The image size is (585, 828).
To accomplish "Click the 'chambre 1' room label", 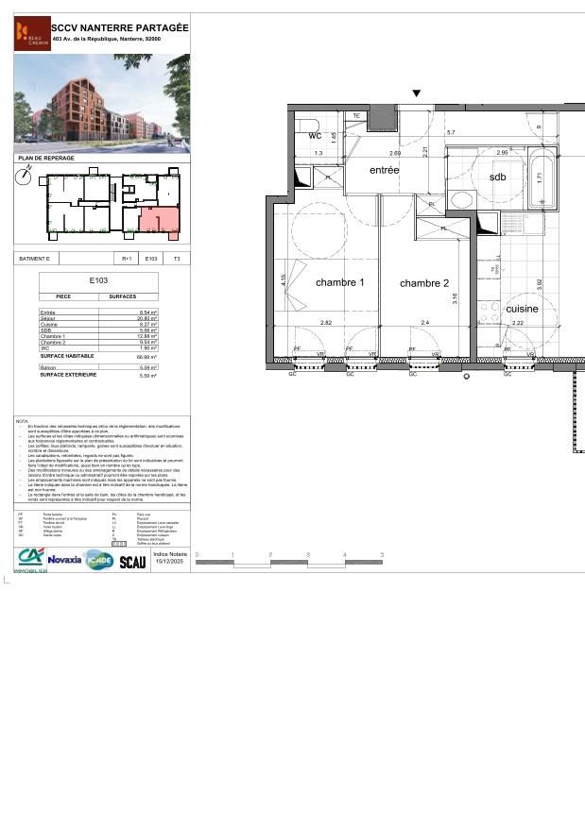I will coord(339,282).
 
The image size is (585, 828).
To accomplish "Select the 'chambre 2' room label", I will coord(423,283).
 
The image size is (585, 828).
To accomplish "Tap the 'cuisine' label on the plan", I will coord(522,309).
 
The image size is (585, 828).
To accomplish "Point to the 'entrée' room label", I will coord(385,170).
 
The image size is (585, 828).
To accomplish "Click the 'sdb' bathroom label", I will coord(497,177).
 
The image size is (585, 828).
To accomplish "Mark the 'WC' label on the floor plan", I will coord(316,136).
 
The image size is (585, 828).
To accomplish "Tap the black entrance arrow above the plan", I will coord(416,93).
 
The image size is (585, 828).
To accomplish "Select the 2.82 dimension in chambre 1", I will coord(326,324).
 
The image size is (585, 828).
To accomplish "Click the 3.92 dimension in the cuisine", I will coord(540,283).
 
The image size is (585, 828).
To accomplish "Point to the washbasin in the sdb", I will coord(462,199).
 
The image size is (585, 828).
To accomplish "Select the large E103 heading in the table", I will coord(98,281).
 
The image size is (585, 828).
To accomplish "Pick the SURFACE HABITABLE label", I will coord(69,356).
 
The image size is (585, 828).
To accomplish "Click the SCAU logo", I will coord(132,562).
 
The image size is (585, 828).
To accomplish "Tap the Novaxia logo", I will coord(65,560).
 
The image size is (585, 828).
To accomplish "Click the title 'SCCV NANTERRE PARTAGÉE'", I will coord(119,27).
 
